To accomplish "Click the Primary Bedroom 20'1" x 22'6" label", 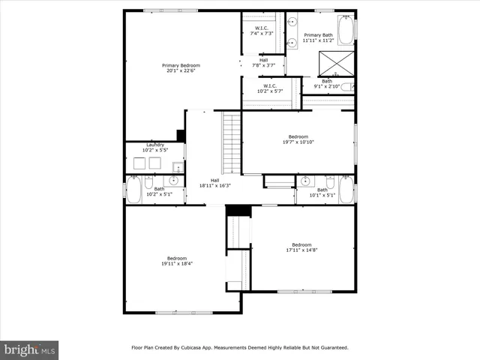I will click(x=181, y=68).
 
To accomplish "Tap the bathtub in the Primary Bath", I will click(x=346, y=31).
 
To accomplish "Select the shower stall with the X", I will click(x=336, y=62).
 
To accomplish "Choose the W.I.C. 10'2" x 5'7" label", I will click(x=270, y=88).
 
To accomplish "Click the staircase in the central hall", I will click(x=232, y=142).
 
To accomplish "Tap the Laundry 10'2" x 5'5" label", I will click(x=155, y=147).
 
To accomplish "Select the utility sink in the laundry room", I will click(x=177, y=166).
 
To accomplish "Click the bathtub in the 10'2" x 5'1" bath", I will click(x=133, y=190).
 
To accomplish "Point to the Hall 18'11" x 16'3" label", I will click(x=214, y=183).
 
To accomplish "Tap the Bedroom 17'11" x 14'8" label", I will click(x=301, y=247).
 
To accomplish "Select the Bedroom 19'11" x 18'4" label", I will click(x=176, y=261).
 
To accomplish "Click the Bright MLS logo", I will click(x=29, y=349).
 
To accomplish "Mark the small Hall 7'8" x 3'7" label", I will click(x=263, y=63).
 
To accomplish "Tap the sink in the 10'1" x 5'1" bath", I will click(x=306, y=181).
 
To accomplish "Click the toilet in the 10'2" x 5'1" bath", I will click(x=148, y=183).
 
